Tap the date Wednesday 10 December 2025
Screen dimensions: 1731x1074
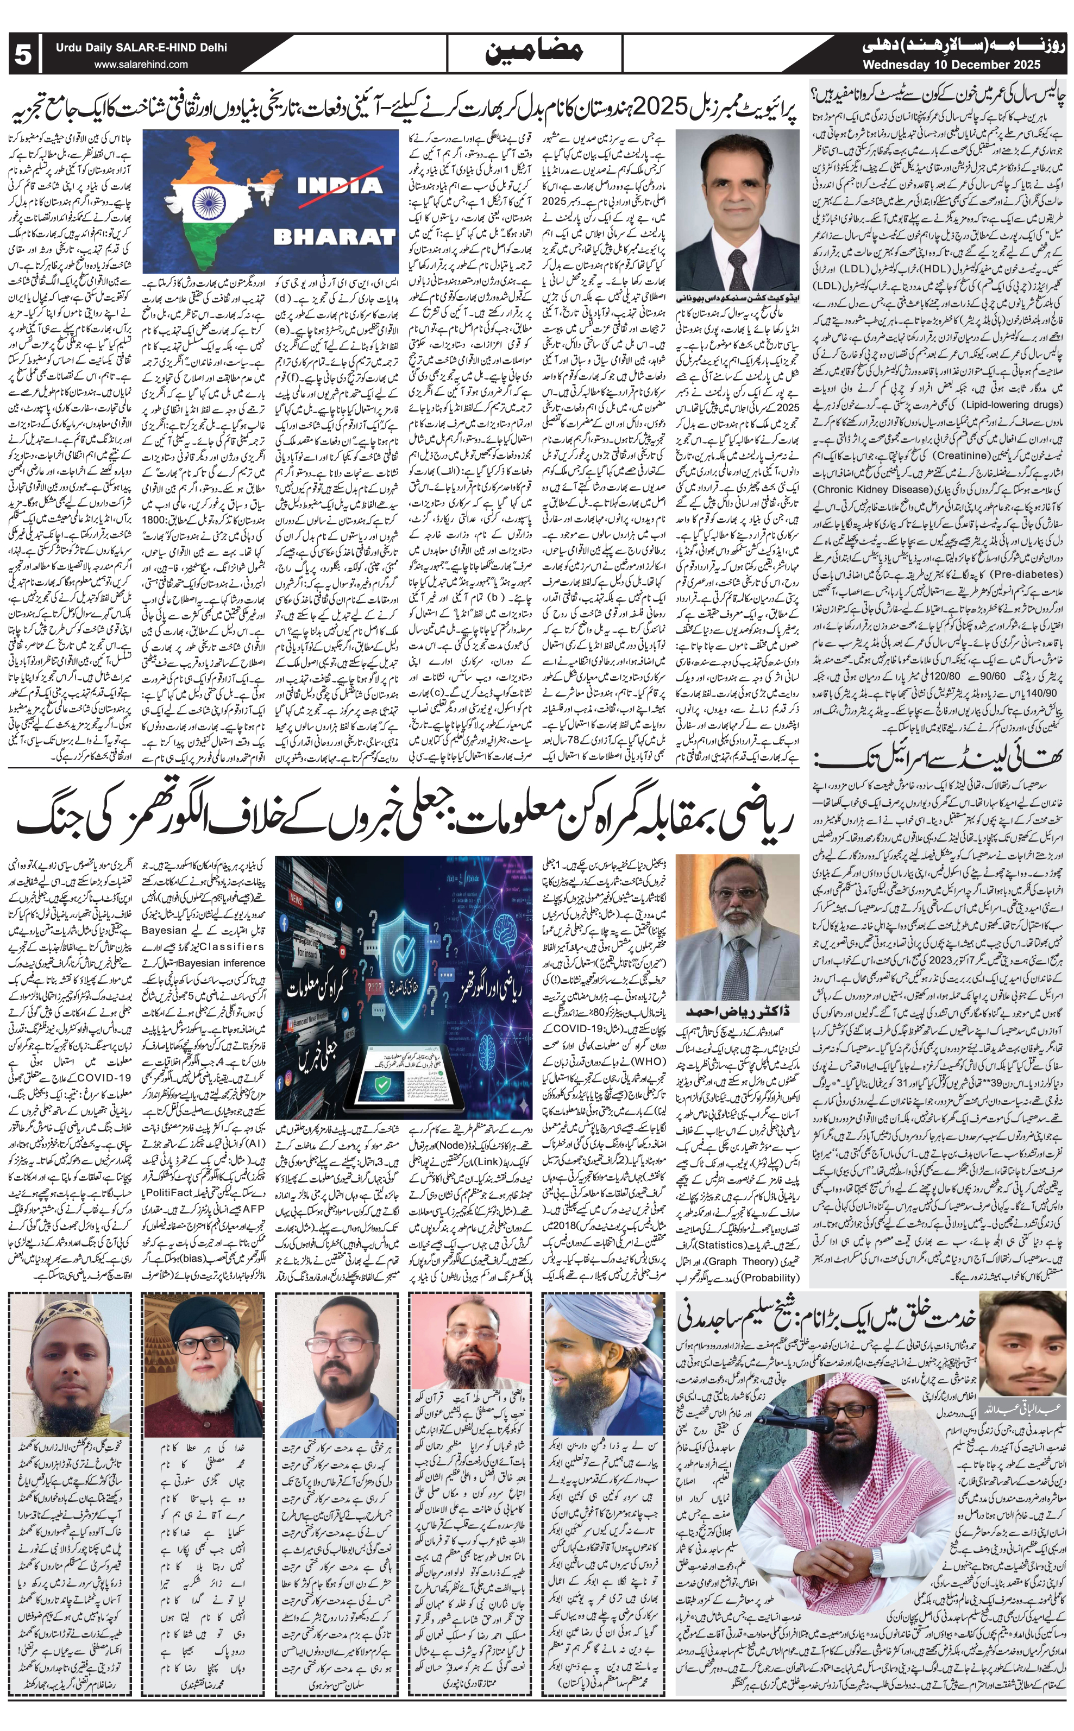tap(952, 65)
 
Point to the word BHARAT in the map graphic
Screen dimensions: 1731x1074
tap(334, 236)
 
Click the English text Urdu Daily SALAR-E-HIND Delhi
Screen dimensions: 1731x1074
tap(142, 48)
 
